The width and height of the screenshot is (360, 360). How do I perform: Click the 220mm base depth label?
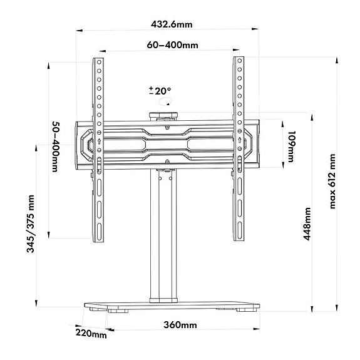(91, 334)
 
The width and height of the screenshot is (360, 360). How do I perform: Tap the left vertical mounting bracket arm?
(98, 150)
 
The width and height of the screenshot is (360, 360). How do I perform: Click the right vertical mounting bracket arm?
(239, 150)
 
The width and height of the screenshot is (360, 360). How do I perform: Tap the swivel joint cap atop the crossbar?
(163, 115)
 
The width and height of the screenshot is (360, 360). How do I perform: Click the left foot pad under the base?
(113, 309)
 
